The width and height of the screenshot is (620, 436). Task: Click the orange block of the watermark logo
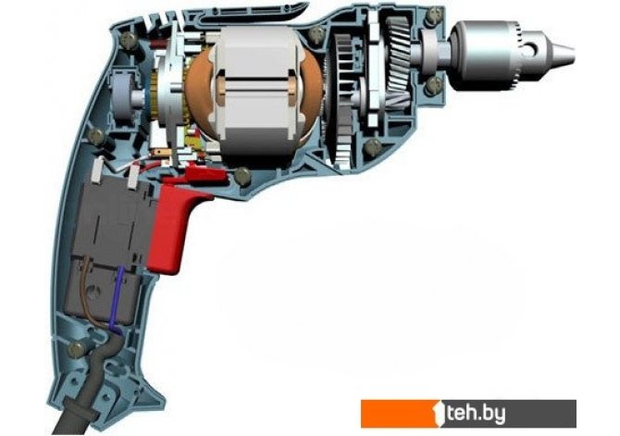400,414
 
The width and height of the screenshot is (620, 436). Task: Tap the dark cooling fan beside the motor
342,99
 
